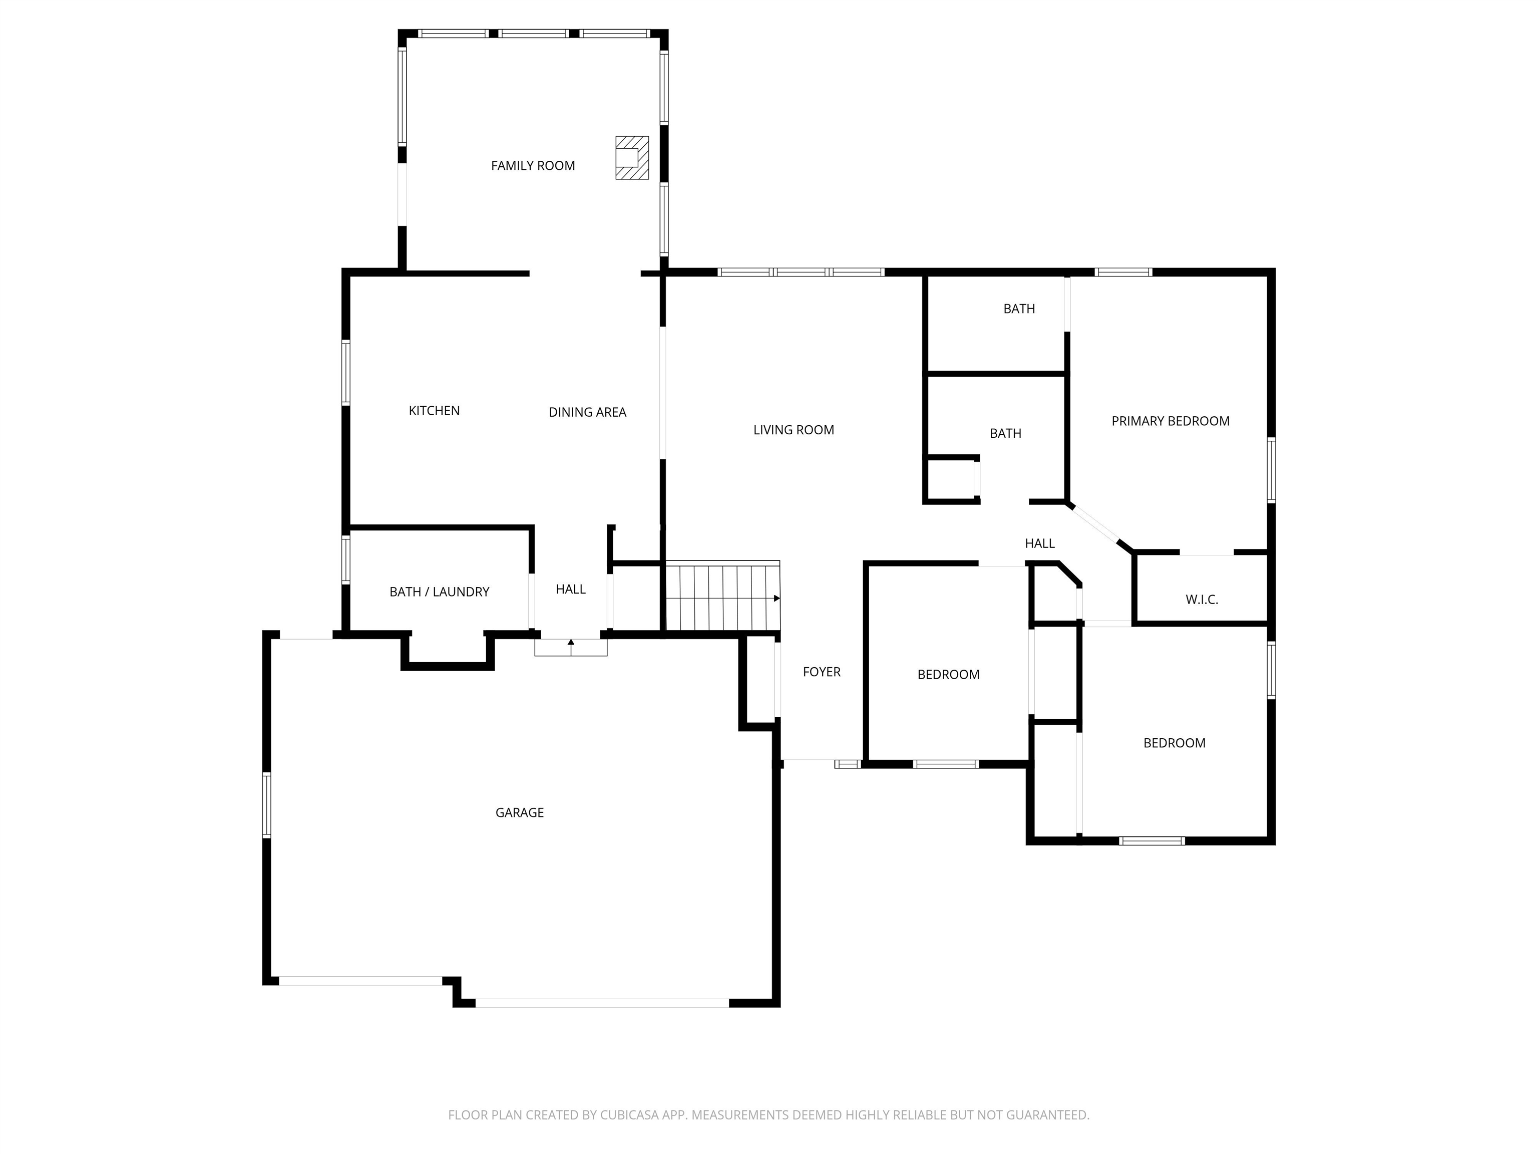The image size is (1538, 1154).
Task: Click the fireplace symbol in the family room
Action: tap(631, 158)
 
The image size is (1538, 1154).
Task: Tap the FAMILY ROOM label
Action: tap(533, 166)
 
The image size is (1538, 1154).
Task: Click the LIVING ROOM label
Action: tap(794, 430)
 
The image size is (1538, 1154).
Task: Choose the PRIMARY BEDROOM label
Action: tap(1170, 421)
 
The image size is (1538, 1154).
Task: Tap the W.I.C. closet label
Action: tap(1202, 600)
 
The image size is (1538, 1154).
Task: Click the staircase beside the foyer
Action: tap(722, 598)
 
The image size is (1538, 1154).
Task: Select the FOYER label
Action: tap(821, 672)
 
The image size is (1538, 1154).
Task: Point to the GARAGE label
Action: tap(519, 812)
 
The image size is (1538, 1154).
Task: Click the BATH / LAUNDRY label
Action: tap(439, 592)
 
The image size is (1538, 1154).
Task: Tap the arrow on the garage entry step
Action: tap(571, 644)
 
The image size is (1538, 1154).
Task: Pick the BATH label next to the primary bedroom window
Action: tap(1019, 309)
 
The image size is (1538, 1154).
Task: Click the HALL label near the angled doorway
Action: tap(1039, 544)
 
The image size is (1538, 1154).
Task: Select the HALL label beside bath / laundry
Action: tap(570, 589)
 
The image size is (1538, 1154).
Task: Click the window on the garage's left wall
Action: tap(266, 805)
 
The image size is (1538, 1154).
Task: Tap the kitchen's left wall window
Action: tap(345, 372)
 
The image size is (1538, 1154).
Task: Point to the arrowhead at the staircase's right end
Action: tap(777, 598)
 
